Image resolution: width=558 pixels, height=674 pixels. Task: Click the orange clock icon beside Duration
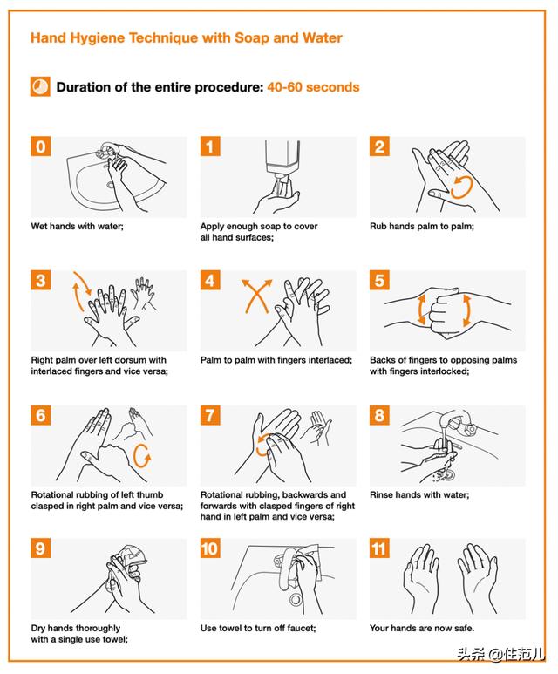[40, 86]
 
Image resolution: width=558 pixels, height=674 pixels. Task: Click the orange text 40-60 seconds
[313, 87]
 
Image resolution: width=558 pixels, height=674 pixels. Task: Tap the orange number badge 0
[40, 146]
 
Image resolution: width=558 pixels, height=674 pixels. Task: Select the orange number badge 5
[379, 280]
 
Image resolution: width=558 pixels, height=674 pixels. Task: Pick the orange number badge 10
[210, 548]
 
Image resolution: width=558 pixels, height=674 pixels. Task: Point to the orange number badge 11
[379, 548]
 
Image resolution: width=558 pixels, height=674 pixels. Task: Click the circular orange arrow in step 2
[462, 187]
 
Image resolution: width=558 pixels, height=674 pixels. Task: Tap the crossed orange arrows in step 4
[256, 296]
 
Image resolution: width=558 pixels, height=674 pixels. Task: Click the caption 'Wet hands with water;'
[77, 226]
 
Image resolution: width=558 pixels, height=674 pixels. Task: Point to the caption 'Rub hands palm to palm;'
[422, 226]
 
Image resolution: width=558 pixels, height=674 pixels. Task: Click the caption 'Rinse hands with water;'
[419, 494]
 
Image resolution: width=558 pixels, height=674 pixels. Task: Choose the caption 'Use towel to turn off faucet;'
[258, 628]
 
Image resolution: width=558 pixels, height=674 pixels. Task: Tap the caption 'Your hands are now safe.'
[422, 628]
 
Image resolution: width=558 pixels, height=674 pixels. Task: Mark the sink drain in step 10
[296, 599]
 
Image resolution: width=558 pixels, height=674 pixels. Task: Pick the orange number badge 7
[210, 415]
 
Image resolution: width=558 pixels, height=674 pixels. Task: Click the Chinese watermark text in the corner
[500, 654]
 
